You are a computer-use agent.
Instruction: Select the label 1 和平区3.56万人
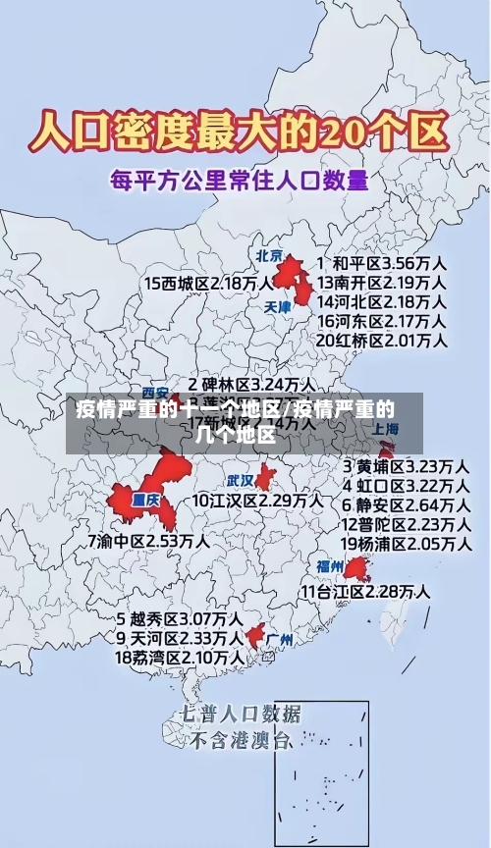[383, 264]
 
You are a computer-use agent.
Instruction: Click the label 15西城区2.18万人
[209, 283]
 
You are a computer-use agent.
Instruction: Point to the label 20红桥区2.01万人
[382, 340]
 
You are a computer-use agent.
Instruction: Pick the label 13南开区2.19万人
[382, 283]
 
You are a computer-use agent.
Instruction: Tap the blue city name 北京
[269, 256]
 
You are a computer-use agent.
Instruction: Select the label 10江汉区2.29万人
[257, 500]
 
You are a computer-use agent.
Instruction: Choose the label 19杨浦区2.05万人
[405, 543]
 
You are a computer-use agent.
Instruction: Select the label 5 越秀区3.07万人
[180, 619]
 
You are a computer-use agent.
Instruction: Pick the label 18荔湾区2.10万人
[180, 657]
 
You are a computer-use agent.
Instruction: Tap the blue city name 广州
[280, 640]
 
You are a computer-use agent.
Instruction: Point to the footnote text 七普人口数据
[242, 714]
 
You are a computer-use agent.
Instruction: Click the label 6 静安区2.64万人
[405, 504]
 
